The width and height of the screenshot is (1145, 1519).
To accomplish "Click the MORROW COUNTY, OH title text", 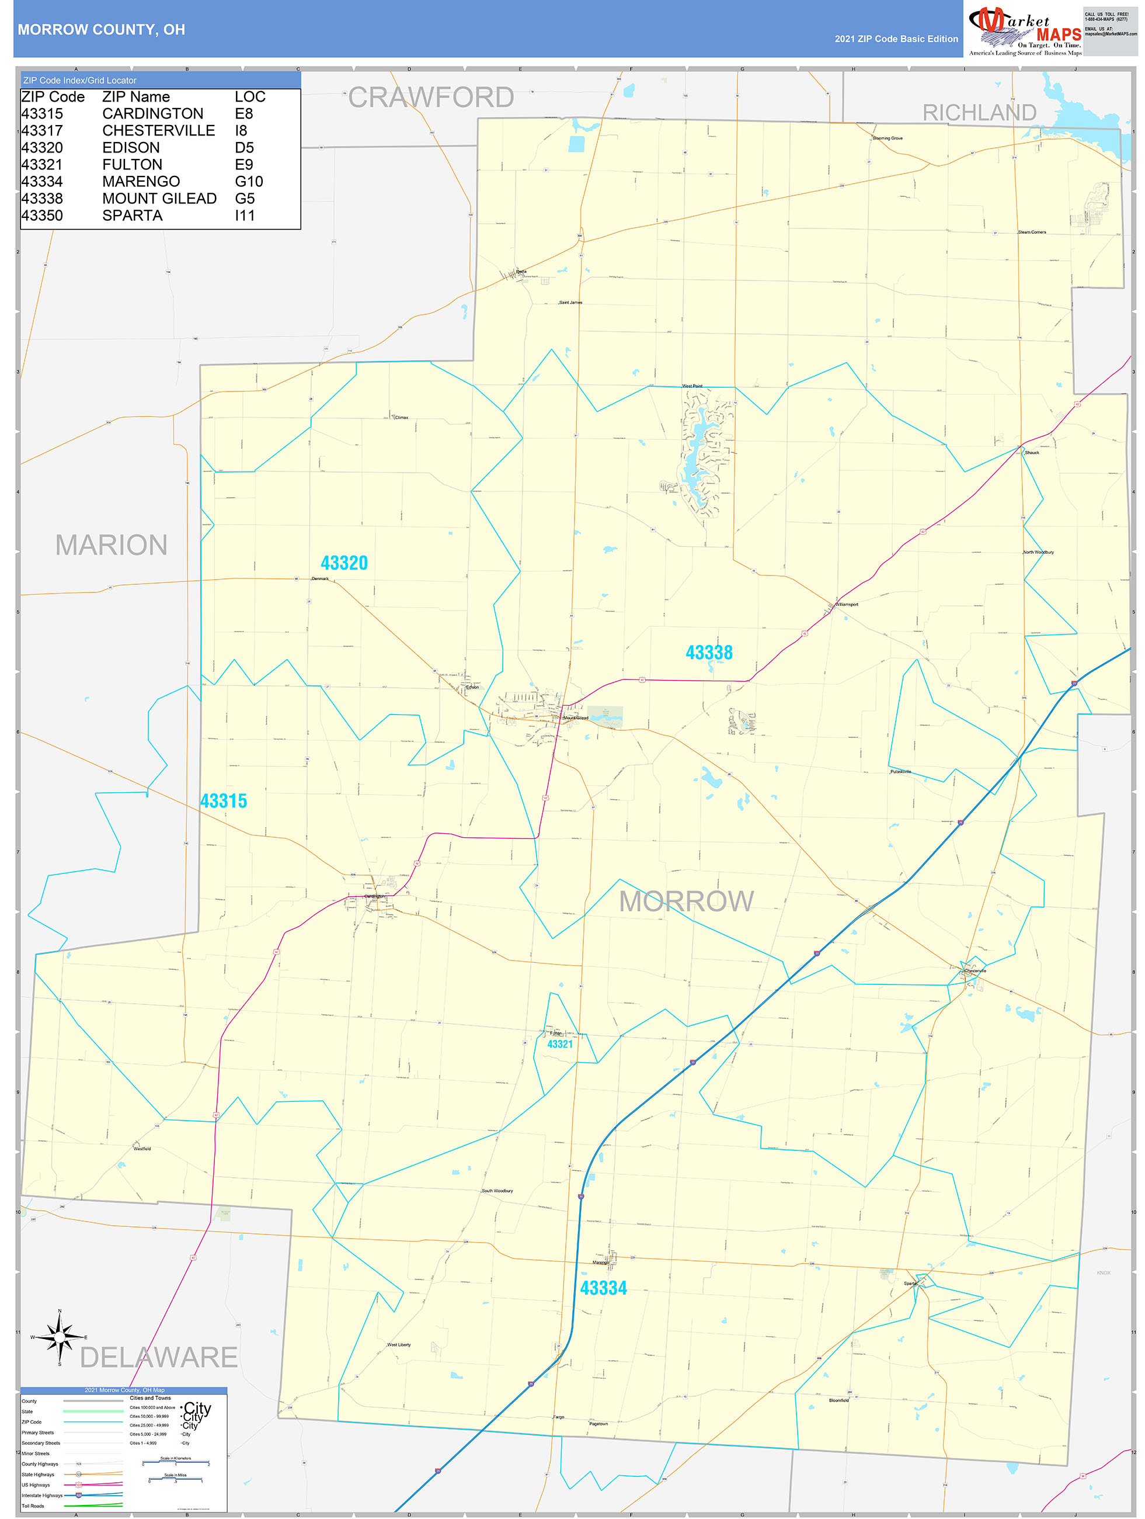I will [x=101, y=30].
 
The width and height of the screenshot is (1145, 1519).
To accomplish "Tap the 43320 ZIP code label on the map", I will [x=344, y=563].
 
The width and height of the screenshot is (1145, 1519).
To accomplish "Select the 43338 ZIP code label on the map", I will [x=708, y=653].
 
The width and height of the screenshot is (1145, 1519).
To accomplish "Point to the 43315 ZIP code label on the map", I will [x=223, y=801].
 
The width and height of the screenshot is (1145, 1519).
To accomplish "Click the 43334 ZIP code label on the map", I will [x=603, y=1288].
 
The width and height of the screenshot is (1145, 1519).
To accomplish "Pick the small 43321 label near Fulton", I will [x=559, y=1045].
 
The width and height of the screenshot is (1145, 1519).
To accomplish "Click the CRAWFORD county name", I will [x=430, y=98].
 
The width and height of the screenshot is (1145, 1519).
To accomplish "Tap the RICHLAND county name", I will [x=978, y=113].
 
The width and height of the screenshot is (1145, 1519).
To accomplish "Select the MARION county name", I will [x=111, y=545].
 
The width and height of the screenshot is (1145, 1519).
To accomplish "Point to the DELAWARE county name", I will [x=159, y=1358].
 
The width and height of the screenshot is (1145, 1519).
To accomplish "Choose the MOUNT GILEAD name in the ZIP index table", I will [x=159, y=199].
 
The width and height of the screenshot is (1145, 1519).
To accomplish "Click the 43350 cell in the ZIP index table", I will [x=42, y=216].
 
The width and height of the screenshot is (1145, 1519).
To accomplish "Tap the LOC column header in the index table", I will [x=249, y=97].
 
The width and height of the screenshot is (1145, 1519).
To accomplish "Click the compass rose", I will [x=60, y=1336].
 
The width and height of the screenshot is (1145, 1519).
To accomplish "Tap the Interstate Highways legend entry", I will [x=42, y=1495].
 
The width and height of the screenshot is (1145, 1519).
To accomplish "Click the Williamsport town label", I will [x=847, y=604].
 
